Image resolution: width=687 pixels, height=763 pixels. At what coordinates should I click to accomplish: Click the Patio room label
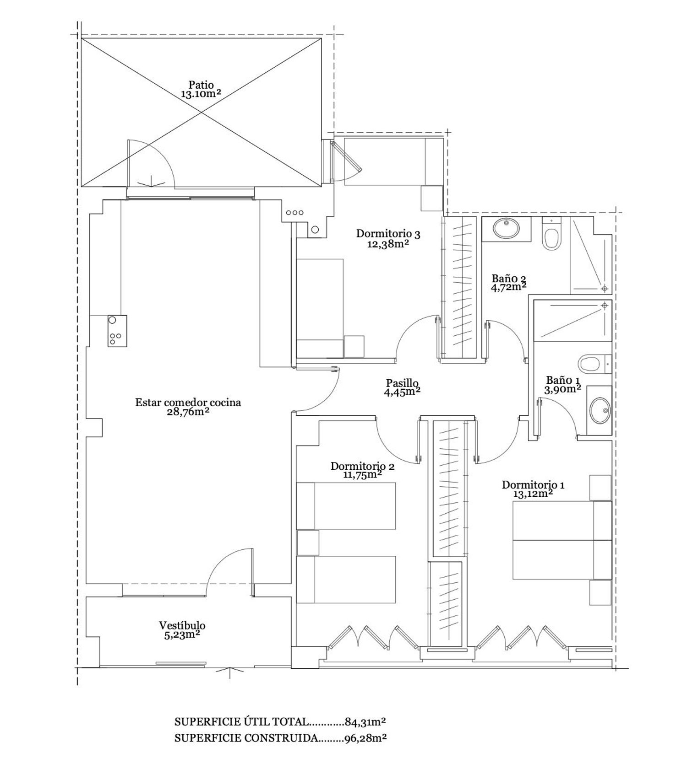pyautogui.click(x=201, y=85)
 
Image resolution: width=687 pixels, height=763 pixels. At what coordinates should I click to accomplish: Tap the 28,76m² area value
pyautogui.click(x=188, y=412)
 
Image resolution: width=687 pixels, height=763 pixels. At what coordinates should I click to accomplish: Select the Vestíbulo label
pyautogui.click(x=182, y=625)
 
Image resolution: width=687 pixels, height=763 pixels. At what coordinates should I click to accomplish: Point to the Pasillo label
pyautogui.click(x=402, y=382)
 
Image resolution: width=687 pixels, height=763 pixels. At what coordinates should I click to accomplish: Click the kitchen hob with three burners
pyautogui.click(x=117, y=331)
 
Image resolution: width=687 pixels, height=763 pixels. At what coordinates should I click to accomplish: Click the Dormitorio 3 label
pyautogui.click(x=388, y=234)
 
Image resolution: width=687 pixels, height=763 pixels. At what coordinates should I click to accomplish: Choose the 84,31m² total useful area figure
pyautogui.click(x=365, y=722)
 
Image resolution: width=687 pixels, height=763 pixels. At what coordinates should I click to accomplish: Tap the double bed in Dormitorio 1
pyautogui.click(x=562, y=540)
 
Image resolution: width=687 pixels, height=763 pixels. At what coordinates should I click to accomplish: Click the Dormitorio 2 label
pyautogui.click(x=362, y=466)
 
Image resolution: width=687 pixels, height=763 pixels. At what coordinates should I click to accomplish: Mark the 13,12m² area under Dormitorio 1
pyautogui.click(x=533, y=494)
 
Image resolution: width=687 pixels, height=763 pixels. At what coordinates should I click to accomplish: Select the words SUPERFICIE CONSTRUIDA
pyautogui.click(x=246, y=738)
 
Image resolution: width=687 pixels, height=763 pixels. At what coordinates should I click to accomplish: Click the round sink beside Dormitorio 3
pyautogui.click(x=315, y=230)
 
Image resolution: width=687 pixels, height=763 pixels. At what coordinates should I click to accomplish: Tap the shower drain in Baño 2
pyautogui.click(x=605, y=288)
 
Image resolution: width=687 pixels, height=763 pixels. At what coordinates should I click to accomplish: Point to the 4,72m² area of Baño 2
pyautogui.click(x=508, y=287)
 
